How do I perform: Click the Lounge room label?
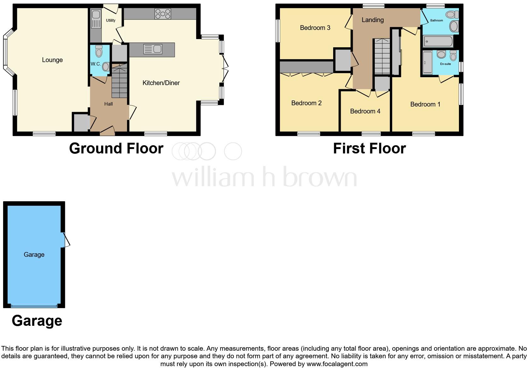(x=52, y=60)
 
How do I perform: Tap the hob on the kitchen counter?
(x=163, y=14)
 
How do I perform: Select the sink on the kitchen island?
(x=153, y=49)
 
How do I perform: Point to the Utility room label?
(x=111, y=20)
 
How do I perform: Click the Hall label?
(x=108, y=104)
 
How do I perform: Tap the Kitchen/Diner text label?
(x=161, y=83)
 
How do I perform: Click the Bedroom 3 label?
(x=315, y=28)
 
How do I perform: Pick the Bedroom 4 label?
(x=365, y=111)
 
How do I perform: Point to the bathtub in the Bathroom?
(x=438, y=41)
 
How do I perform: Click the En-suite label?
(x=445, y=64)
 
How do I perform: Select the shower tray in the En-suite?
(x=427, y=62)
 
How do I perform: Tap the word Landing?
(x=373, y=20)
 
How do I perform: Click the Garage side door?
(x=66, y=240)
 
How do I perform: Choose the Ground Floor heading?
(x=116, y=148)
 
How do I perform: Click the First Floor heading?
(x=369, y=148)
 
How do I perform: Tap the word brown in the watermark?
(x=320, y=177)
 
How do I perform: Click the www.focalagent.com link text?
(x=337, y=364)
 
